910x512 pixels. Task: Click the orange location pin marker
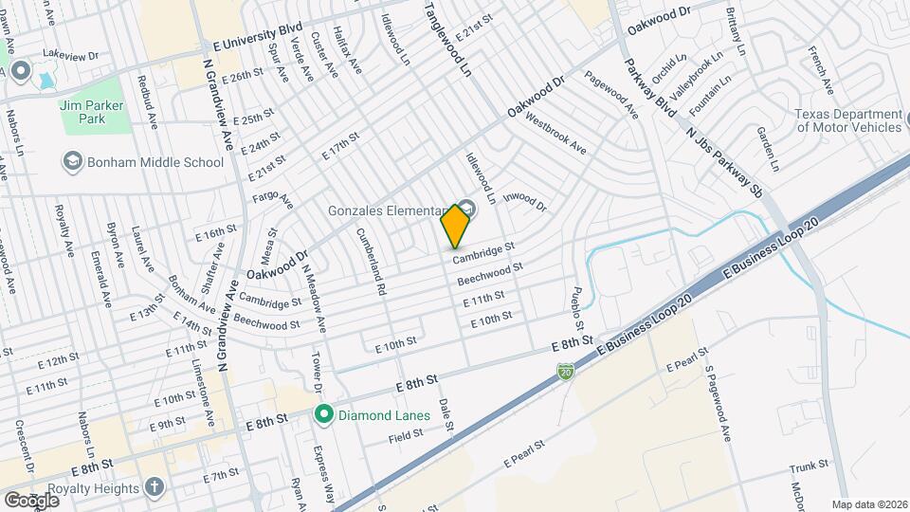click(456, 226)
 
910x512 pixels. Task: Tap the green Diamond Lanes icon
click(323, 413)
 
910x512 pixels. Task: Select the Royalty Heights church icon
click(155, 487)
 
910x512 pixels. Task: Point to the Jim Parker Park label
click(91, 113)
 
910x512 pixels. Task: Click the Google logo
click(31, 500)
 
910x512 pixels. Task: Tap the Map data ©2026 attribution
click(869, 504)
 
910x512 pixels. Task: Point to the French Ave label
click(821, 74)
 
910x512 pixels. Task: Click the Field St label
click(405, 436)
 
